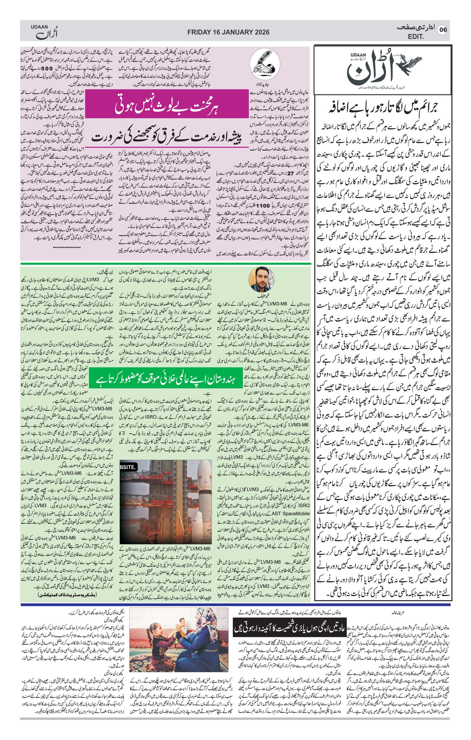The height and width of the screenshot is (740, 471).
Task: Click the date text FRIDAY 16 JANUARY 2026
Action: pos(228,32)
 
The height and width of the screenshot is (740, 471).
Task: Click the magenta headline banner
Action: pos(166,105)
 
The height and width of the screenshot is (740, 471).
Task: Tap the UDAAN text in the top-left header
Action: pos(39,27)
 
